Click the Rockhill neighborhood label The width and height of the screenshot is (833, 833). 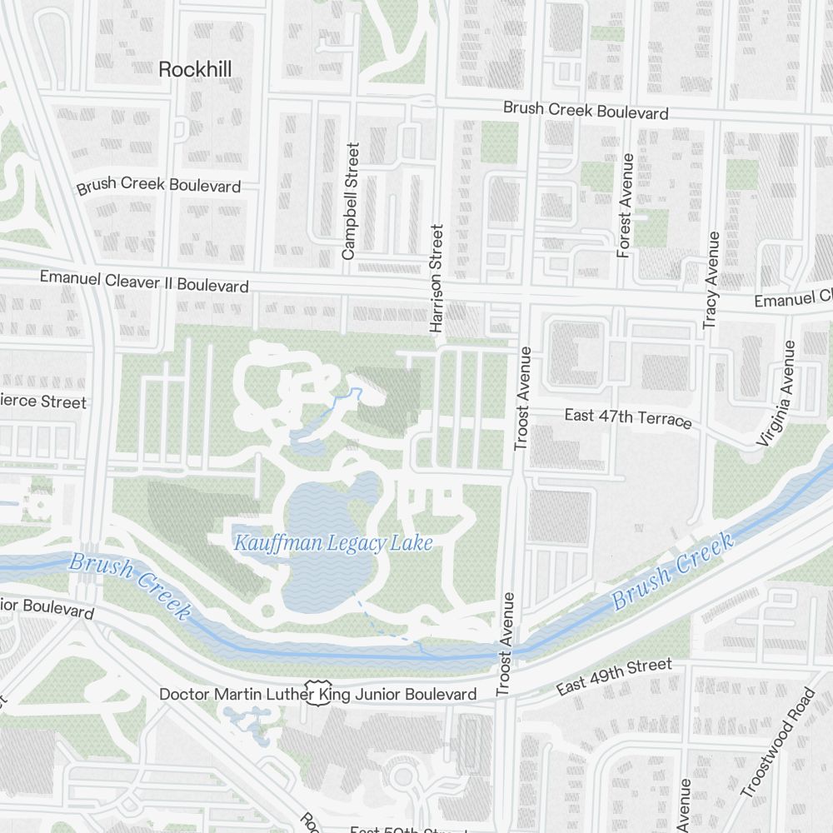pos(194,70)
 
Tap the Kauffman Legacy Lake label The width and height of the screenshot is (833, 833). pos(333,544)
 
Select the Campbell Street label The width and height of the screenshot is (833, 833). pos(350,201)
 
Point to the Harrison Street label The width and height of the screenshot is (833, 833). pos(436,278)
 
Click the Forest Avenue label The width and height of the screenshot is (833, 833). pos(625,205)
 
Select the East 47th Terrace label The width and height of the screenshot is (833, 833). pos(628,417)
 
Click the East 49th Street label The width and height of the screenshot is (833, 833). pos(614,676)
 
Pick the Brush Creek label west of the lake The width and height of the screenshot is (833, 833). pos(129,583)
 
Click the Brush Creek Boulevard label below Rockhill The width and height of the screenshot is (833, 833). pos(158,185)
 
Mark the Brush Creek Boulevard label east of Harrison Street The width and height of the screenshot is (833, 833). pos(586,111)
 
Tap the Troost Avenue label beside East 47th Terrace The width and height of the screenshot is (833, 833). pos(522,398)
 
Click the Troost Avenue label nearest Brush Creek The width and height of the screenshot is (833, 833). pos(505,644)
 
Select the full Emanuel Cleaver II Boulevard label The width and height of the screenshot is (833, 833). pos(144,282)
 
